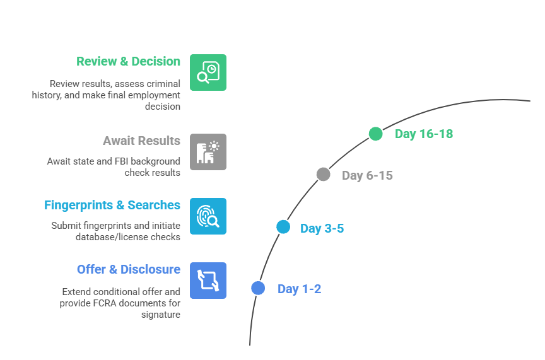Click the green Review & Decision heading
(x=128, y=62)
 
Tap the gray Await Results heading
(x=141, y=141)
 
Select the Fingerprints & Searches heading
(x=112, y=206)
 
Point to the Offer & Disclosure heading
(x=129, y=270)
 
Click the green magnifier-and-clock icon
(x=208, y=72)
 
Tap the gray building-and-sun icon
(x=208, y=151)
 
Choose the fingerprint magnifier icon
(x=208, y=216)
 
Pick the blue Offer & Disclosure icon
(x=208, y=281)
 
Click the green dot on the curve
(x=376, y=134)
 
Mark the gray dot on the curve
(x=323, y=175)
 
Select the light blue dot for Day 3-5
(x=283, y=227)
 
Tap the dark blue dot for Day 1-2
(x=257, y=288)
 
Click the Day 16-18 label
(x=424, y=134)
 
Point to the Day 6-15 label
(x=367, y=175)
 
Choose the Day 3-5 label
(x=322, y=228)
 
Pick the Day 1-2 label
(x=299, y=289)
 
